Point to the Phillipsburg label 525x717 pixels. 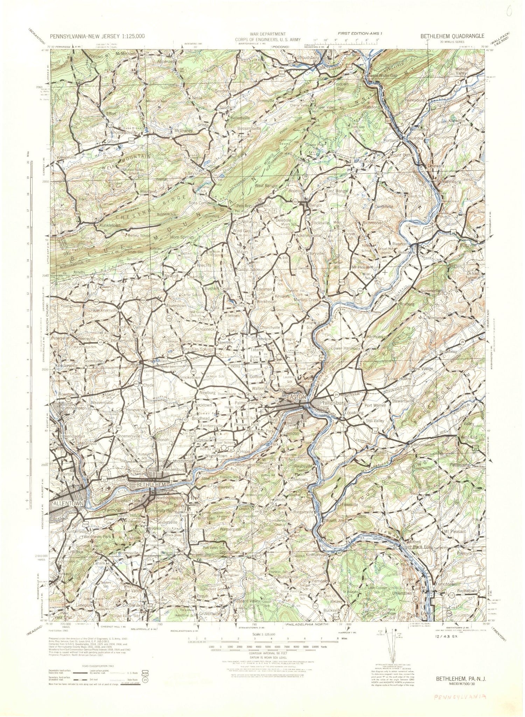pyautogui.click(x=333, y=403)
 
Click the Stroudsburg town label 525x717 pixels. pyautogui.click(x=308, y=57)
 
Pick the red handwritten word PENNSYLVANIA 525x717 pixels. pyautogui.click(x=460, y=696)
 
